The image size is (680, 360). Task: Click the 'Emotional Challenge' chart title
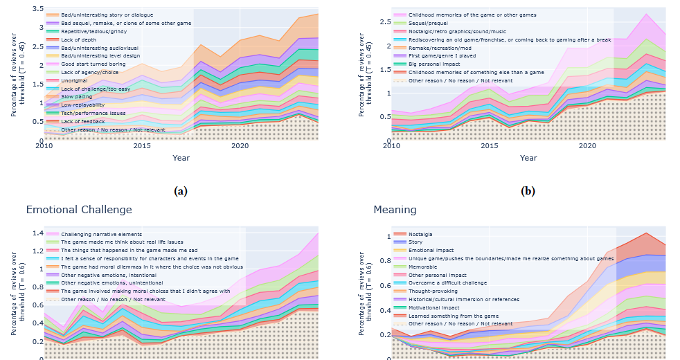pos(78,209)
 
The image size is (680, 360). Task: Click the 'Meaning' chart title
pos(395,209)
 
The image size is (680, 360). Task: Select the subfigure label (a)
pos(181,191)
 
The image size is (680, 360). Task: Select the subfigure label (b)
pos(528,191)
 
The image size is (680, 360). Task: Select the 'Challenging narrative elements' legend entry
pos(100,234)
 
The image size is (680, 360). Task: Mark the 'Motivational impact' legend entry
pos(433,307)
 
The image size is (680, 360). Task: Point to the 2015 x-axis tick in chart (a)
pos(143,146)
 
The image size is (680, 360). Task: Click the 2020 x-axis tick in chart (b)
pos(587,146)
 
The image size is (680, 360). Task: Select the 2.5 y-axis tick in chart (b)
pos(379,21)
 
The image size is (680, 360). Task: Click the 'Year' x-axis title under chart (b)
pos(528,158)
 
